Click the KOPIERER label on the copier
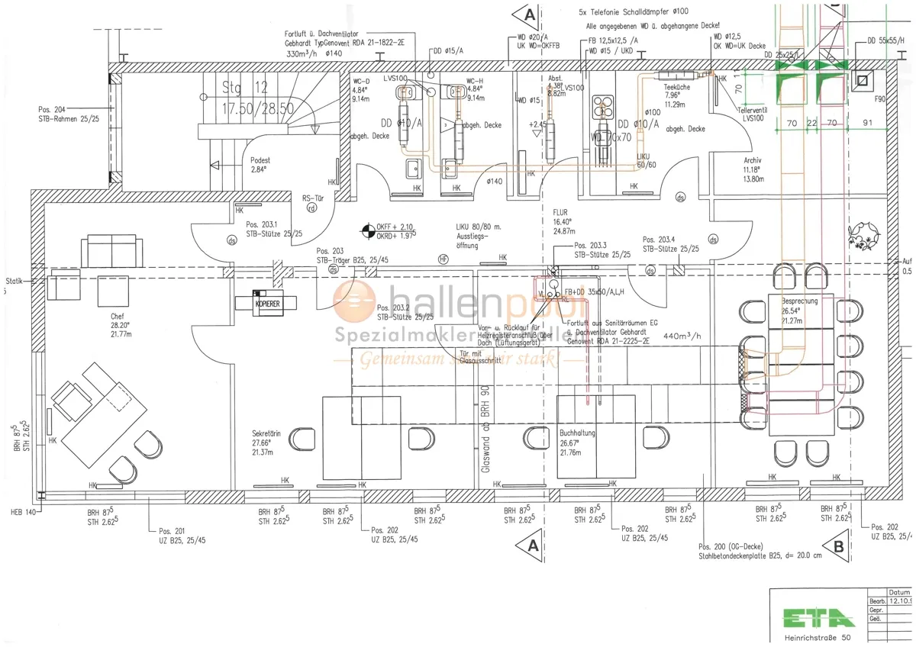268,303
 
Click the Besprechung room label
799,301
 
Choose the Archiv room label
753,160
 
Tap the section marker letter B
838,546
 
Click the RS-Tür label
313,196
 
